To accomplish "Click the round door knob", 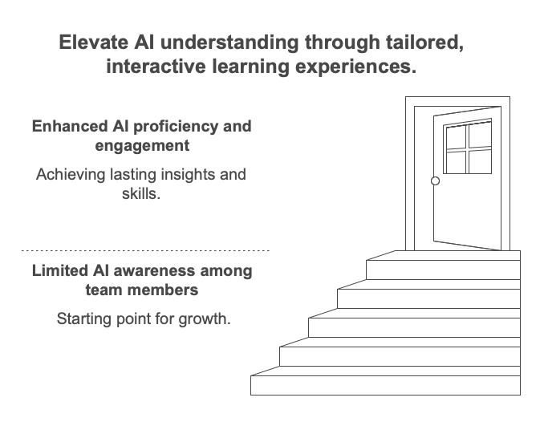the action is pyautogui.click(x=435, y=180).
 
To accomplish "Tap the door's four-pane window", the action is pyautogui.click(x=467, y=146).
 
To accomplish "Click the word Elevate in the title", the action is pyautogui.click(x=94, y=43).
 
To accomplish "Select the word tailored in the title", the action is pyautogui.click(x=425, y=43).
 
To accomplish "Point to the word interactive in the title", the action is pyautogui.click(x=156, y=67).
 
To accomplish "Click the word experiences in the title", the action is pyautogui.click(x=356, y=67).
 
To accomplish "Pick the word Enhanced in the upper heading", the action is pyautogui.click(x=70, y=127).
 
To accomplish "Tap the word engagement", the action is pyautogui.click(x=142, y=146).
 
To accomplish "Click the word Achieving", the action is pyautogui.click(x=71, y=175).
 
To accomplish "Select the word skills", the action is pyautogui.click(x=141, y=194).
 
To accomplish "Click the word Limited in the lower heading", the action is pyautogui.click(x=60, y=270).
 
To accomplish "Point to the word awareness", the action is pyautogui.click(x=154, y=270).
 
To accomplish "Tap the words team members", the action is pyautogui.click(x=142, y=290).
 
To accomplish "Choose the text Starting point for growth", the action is pyautogui.click(x=144, y=319).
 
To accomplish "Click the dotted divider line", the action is pyautogui.click(x=145, y=250).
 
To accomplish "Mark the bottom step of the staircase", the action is pyautogui.click(x=385, y=385).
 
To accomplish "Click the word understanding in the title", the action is pyautogui.click(x=229, y=43).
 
